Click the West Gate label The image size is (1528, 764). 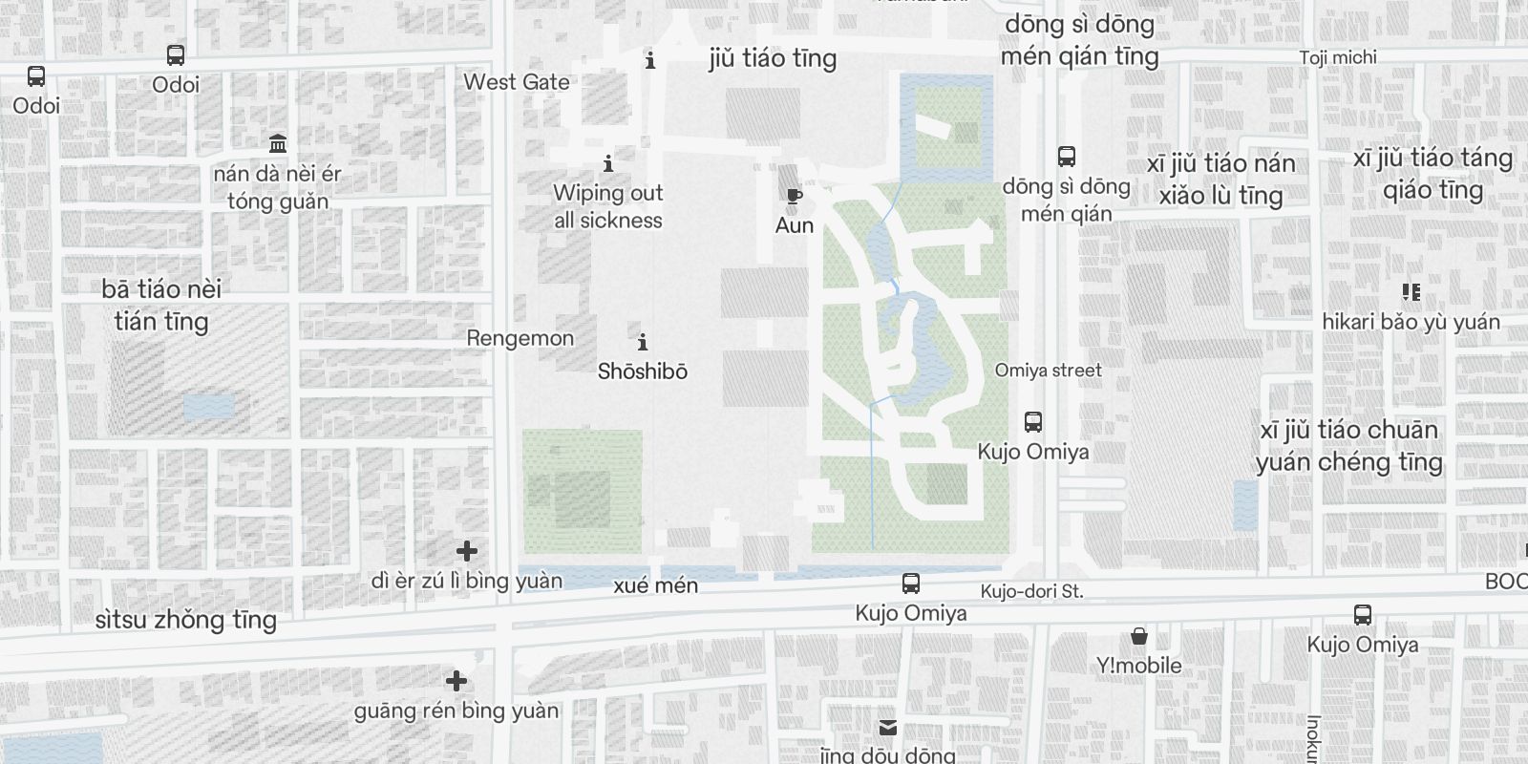517,82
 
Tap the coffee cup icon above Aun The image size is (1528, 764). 794,198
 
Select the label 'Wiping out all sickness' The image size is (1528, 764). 608,206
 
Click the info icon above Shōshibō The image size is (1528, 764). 643,342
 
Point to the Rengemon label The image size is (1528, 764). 520,338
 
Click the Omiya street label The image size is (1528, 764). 1048,371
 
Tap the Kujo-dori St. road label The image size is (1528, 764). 1031,592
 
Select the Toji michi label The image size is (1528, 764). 1338,57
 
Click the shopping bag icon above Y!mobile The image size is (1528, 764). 1138,637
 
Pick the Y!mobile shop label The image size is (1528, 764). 1138,666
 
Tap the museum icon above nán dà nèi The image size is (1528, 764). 278,144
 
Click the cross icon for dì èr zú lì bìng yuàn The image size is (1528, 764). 467,551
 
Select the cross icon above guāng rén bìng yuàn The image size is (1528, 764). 456,681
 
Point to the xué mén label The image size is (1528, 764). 656,585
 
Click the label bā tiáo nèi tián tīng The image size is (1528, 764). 161,305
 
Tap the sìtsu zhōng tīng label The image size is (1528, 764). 186,620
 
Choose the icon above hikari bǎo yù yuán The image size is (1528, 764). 1411,292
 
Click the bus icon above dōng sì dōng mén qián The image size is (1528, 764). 1067,157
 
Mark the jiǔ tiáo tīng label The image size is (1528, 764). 773,58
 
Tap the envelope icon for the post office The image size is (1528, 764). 888,728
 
